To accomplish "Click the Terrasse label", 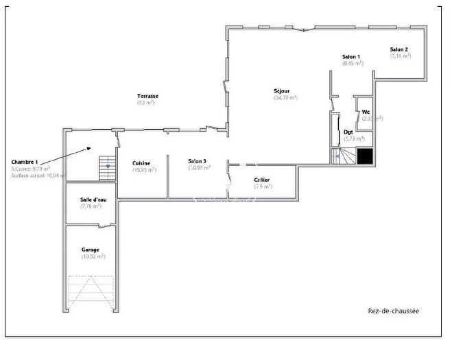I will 147,96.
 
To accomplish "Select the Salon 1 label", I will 351,56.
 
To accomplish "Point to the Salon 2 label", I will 399,49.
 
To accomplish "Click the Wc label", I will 366,111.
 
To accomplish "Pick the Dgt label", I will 348,132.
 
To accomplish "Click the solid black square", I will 365,157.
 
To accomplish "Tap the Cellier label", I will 261,180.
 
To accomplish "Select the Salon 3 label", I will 198,161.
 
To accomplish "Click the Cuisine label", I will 142,163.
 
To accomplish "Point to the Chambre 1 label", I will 25,161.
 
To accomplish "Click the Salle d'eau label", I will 91,200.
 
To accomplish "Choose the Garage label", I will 90,249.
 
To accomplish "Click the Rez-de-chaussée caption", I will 393,311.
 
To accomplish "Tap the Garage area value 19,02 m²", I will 92,256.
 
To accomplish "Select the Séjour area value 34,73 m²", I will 285,97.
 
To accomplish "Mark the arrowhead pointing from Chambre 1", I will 91,147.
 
